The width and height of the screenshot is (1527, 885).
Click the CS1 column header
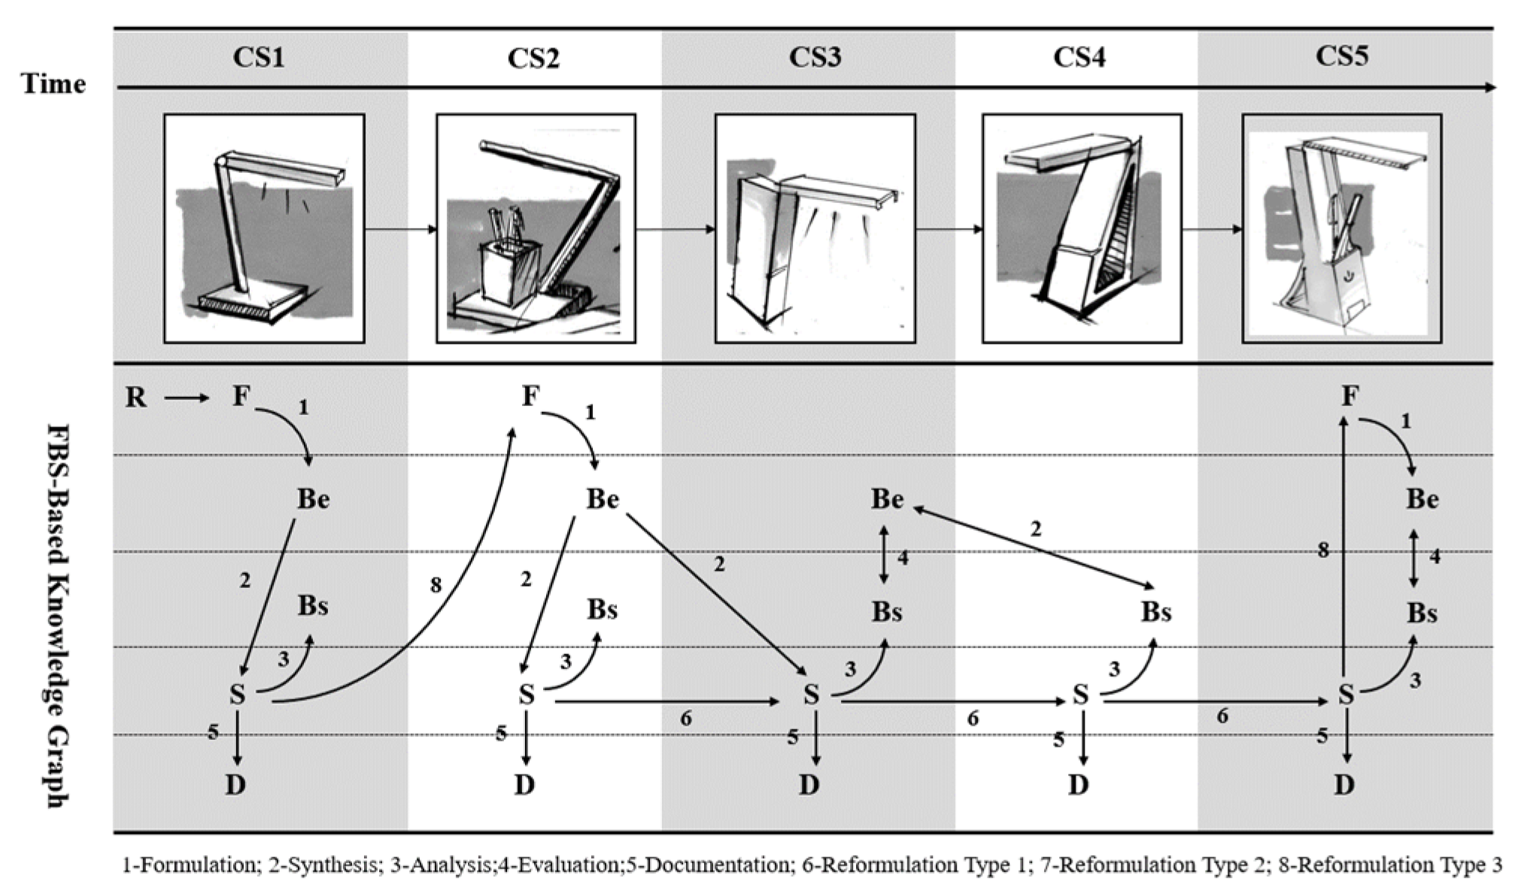pos(259,58)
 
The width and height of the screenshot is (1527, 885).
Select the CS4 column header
pos(1079,58)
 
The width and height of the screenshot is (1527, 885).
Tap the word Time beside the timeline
pos(53,83)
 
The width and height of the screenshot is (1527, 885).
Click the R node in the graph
pos(136,397)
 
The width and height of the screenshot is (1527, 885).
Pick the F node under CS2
pos(530,396)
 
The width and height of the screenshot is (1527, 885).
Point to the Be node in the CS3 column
pos(887,499)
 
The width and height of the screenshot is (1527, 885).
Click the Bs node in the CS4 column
pos(1155,612)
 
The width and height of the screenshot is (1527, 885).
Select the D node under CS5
pos(1344,785)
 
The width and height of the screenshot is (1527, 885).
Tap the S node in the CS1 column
pos(237,694)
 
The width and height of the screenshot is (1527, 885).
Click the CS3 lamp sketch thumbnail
pos(815,229)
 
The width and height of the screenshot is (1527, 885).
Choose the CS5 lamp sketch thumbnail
pos(1342,229)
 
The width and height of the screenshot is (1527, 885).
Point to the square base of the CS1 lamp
pos(252,301)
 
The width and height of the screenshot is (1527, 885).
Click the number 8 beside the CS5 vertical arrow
pos(1323,551)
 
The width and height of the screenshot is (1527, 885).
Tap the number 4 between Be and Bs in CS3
pos(903,558)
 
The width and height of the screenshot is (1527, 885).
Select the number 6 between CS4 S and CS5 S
pos(1222,716)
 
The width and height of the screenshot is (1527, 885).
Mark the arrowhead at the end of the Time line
pos(1490,88)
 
